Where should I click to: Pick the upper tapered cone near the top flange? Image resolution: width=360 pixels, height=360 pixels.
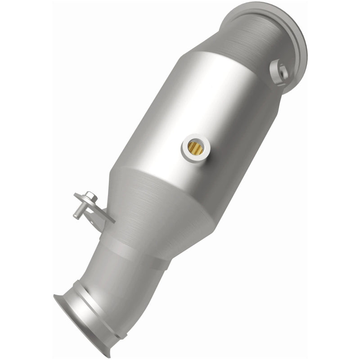tap(234, 54)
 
